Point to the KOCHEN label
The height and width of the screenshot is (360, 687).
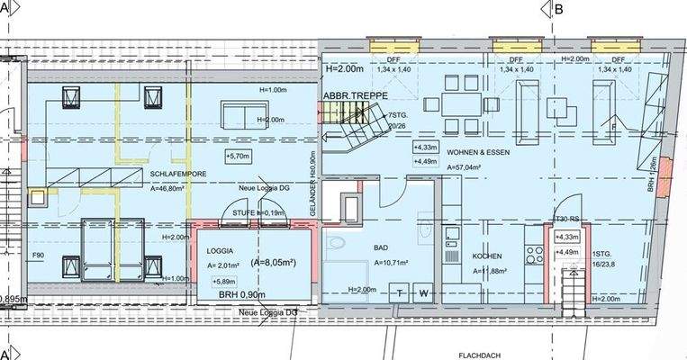click(x=487, y=256)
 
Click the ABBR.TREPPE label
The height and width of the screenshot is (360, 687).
click(x=356, y=94)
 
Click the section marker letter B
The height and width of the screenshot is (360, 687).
click(x=558, y=10)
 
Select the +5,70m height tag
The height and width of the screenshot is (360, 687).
click(x=239, y=157)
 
